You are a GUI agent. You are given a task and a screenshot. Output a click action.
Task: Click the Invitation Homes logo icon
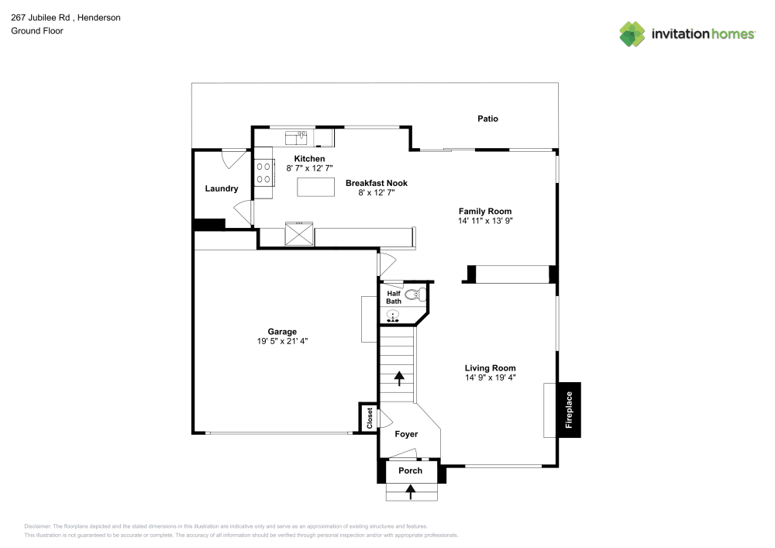point(632,33)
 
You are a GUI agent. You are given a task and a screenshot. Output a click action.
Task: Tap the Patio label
point(487,119)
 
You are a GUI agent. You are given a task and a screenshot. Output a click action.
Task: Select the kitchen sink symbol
point(297,138)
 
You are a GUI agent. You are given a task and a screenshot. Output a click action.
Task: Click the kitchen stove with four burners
point(263,172)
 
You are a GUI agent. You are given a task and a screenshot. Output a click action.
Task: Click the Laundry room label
point(222,188)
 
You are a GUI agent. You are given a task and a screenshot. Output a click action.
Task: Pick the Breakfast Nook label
point(376,183)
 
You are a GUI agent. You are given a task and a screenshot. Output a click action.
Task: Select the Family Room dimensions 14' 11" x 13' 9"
point(485,221)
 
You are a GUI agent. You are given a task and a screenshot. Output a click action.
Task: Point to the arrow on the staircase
point(400,378)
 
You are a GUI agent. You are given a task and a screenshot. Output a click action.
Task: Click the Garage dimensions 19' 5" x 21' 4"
point(283,341)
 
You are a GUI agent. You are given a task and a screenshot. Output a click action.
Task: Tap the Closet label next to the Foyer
point(370,419)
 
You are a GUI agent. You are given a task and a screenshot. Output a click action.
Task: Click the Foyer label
point(406,435)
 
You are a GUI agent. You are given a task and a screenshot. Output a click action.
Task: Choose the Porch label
point(410,470)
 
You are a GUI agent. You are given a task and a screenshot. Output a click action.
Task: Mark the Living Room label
point(490,368)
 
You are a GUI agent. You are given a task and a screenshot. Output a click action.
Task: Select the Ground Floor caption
point(36,31)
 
